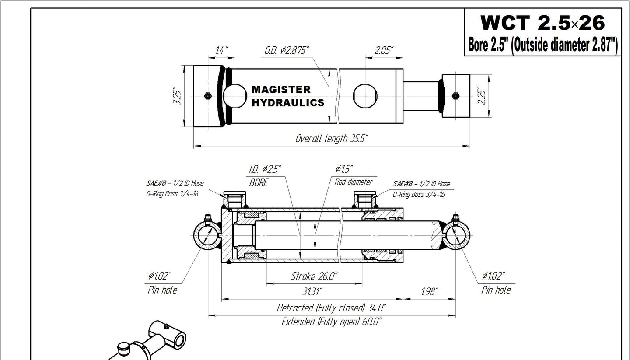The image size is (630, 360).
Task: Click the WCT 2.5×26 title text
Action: pyautogui.click(x=542, y=22)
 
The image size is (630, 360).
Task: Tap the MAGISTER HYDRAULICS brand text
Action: pyautogui.click(x=288, y=96)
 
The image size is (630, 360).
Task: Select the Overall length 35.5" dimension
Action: pyautogui.click(x=332, y=139)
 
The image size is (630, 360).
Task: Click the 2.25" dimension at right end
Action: pyautogui.click(x=483, y=97)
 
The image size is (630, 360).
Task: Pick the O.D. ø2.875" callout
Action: pyautogui.click(x=287, y=51)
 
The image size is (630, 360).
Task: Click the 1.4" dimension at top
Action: pyautogui.click(x=221, y=50)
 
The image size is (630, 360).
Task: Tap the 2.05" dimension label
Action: pyautogui.click(x=384, y=50)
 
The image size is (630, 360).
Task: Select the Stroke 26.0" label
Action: pyautogui.click(x=314, y=276)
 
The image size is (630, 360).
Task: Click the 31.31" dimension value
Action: pyautogui.click(x=312, y=292)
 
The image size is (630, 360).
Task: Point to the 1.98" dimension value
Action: pyautogui.click(x=428, y=292)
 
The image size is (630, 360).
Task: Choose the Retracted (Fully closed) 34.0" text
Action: pyautogui.click(x=331, y=308)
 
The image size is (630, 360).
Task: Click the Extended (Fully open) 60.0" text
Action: pyautogui.click(x=331, y=322)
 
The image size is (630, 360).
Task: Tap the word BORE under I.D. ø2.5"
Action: pyautogui.click(x=259, y=183)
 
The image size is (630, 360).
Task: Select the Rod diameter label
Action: pyautogui.click(x=353, y=182)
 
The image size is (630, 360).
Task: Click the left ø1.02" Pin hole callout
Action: pyautogui.click(x=162, y=282)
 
